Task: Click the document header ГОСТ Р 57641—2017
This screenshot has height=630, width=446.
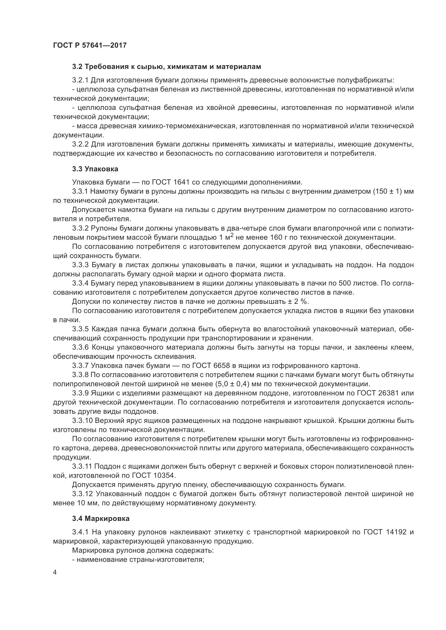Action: coord(90,45)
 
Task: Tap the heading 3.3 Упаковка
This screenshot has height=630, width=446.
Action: coord(95,169)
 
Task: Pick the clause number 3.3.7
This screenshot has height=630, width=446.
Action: coord(80,366)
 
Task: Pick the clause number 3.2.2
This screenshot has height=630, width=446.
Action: coord(80,144)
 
